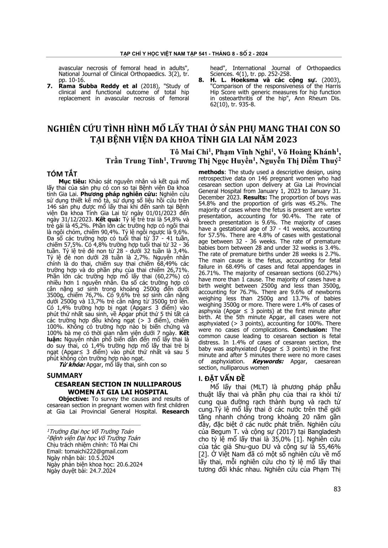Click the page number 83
tap(337, 489)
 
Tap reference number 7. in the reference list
tap(50, 86)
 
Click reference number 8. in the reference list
tap(201, 80)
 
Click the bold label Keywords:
tap(268, 361)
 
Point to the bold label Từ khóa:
tap(72, 365)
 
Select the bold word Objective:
tap(74, 399)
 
